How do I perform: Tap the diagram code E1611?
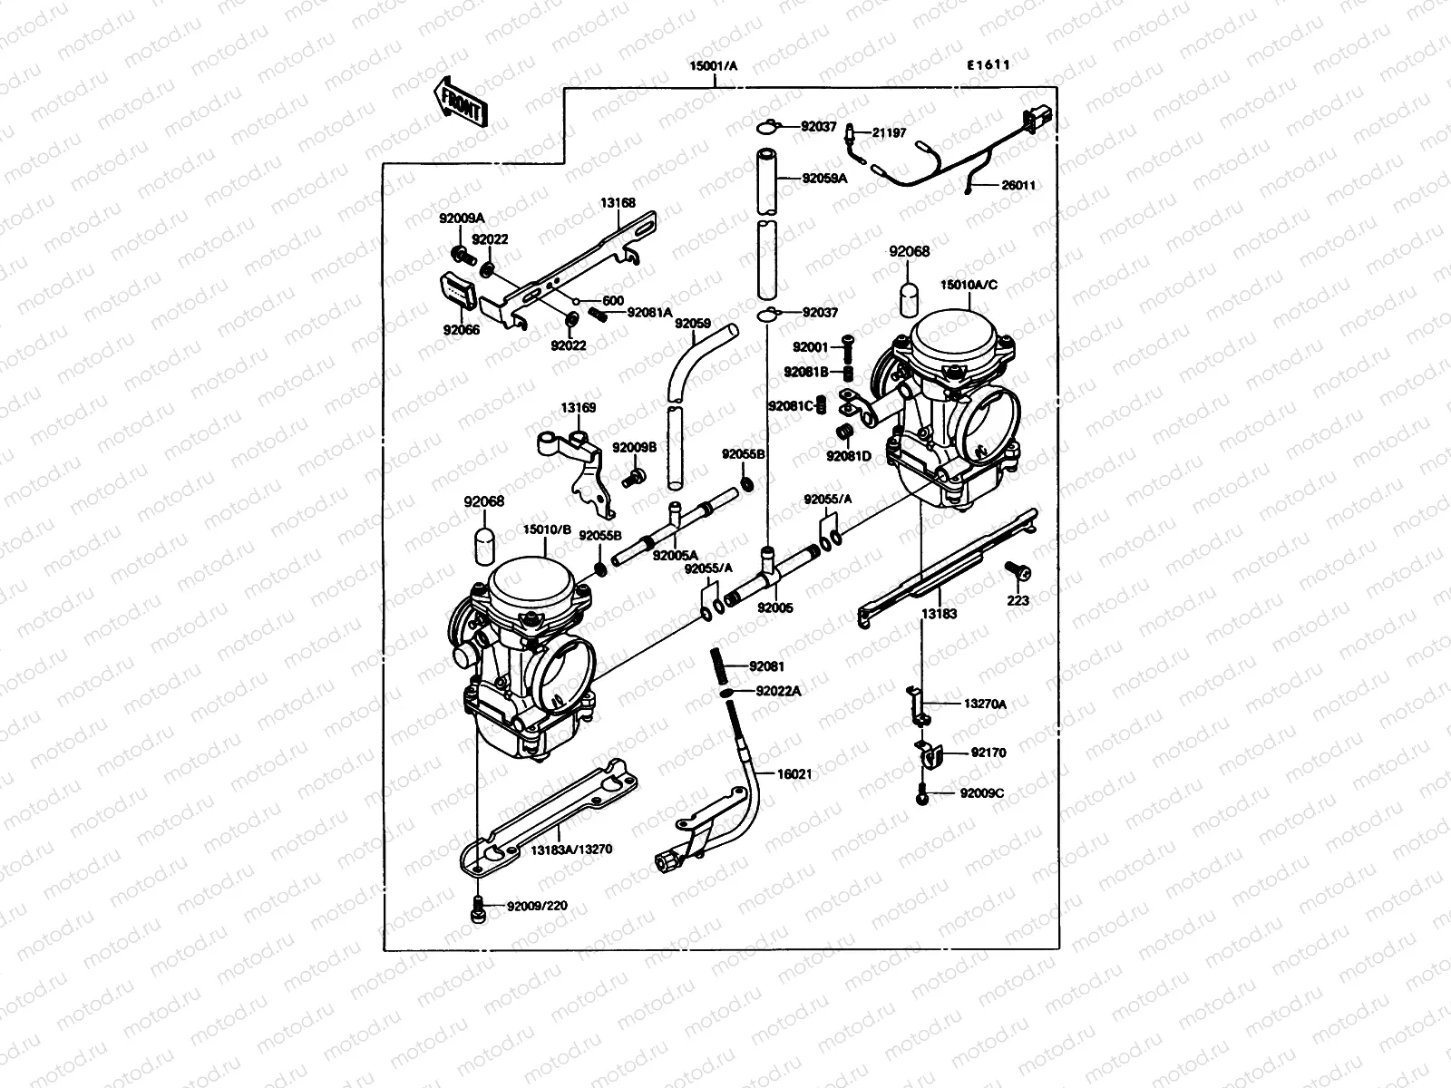[x=988, y=65]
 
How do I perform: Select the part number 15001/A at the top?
[x=714, y=66]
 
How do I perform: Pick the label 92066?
[x=462, y=330]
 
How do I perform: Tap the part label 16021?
[x=794, y=774]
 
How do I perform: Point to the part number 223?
[x=1018, y=600]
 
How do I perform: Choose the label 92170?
[x=988, y=753]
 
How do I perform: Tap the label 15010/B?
[x=546, y=530]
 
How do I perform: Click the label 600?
[x=612, y=301]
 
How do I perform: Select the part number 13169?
[x=578, y=408]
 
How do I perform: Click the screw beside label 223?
[x=1018, y=571]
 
